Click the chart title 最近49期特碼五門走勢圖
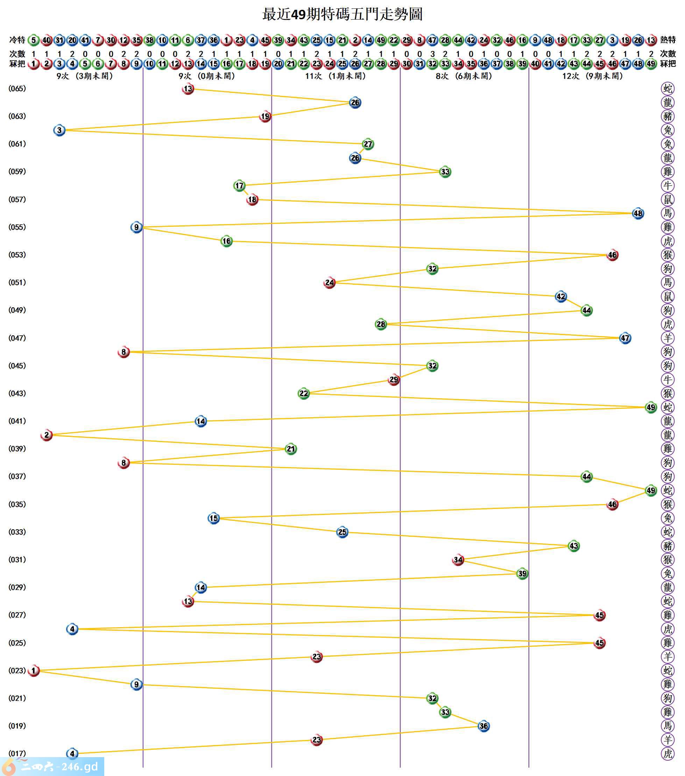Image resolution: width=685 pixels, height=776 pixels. (x=342, y=14)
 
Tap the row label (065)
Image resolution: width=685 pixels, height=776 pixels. (x=17, y=89)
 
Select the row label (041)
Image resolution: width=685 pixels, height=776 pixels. (x=17, y=421)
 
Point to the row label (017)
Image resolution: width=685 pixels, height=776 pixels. (x=17, y=754)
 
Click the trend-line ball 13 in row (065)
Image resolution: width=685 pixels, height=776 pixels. (x=188, y=89)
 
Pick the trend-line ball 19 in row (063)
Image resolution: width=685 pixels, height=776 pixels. (x=265, y=116)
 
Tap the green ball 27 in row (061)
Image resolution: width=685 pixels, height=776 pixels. (x=368, y=144)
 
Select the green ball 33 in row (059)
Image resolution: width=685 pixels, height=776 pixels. (x=445, y=172)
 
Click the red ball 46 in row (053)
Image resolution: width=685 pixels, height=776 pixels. (x=612, y=255)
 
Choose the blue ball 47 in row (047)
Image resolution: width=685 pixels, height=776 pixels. (x=625, y=338)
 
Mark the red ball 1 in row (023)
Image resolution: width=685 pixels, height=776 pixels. (x=34, y=670)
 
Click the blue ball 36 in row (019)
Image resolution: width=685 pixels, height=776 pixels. (x=483, y=726)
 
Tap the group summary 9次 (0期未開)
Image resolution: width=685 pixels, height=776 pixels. (x=207, y=76)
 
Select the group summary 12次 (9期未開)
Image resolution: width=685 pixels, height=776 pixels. (x=592, y=76)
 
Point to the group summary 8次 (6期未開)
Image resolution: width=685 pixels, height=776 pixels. (x=464, y=76)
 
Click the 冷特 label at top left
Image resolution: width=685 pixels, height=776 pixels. (x=17, y=40)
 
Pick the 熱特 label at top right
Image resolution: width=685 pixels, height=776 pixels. (x=668, y=40)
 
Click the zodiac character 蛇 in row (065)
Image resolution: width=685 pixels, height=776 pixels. (x=668, y=89)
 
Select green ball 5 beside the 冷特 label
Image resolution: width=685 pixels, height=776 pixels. (x=34, y=40)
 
